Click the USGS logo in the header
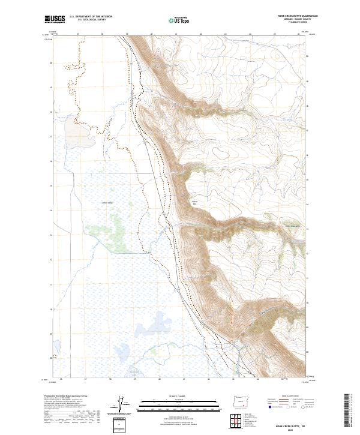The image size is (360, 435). click(56, 20)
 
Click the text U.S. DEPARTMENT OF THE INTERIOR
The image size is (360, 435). click(91, 17)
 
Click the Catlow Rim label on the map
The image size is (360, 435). click(194, 203)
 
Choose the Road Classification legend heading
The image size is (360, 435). click(286, 397)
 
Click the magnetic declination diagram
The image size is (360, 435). click(122, 406)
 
